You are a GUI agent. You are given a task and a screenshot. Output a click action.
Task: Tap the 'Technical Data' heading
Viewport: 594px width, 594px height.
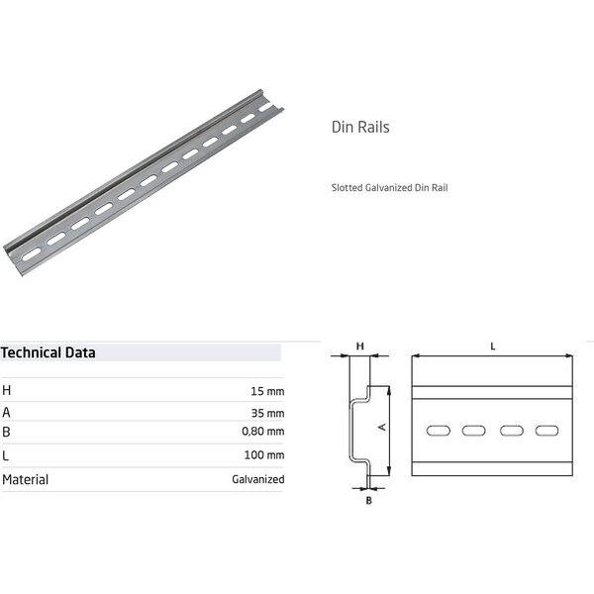point(49,351)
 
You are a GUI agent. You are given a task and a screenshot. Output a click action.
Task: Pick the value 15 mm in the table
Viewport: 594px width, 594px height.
point(267,390)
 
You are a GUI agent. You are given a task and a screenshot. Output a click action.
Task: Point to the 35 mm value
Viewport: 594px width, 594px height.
point(267,413)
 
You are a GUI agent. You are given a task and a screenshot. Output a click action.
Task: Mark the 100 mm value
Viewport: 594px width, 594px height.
point(265,456)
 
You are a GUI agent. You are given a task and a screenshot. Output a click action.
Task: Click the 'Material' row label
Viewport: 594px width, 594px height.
point(26,479)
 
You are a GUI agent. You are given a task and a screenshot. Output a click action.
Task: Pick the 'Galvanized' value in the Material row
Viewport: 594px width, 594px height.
point(257,479)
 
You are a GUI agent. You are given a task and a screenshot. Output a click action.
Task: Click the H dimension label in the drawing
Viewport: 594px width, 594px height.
point(360,346)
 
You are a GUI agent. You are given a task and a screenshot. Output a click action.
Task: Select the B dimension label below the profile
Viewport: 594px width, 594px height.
point(368,500)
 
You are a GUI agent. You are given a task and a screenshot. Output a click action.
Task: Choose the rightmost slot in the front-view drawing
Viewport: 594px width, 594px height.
point(546,431)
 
